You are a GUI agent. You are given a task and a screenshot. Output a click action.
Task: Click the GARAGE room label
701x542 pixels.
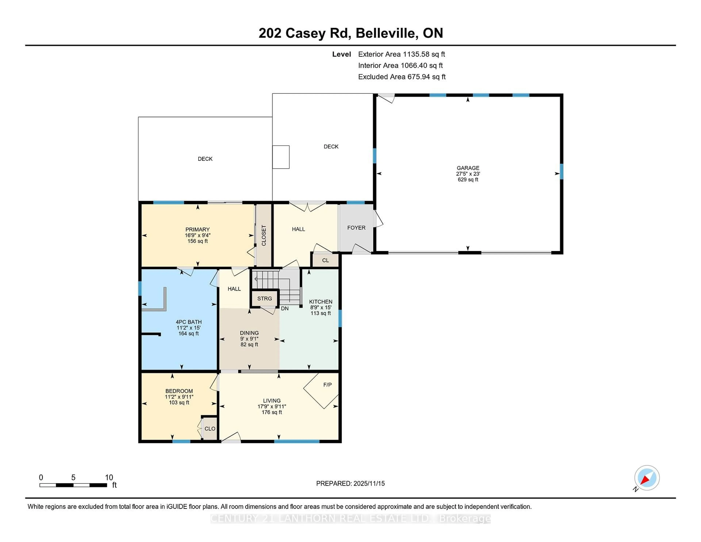click(468, 168)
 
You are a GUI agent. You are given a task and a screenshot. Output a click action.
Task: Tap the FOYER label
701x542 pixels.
click(356, 228)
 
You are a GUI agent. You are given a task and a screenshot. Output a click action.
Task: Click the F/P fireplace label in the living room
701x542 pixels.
click(327, 385)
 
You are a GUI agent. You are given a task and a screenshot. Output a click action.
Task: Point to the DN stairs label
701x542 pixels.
click(285, 309)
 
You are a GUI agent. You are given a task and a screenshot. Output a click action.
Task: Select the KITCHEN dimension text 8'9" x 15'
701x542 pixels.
click(320, 307)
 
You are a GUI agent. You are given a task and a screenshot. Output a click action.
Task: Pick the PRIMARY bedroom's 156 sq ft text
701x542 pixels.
click(197, 241)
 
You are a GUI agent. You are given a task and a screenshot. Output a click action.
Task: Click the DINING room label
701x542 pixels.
click(249, 333)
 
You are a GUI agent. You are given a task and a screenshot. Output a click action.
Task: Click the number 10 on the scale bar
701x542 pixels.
click(109, 478)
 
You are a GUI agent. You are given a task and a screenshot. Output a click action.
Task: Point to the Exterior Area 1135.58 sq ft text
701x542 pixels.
click(401, 54)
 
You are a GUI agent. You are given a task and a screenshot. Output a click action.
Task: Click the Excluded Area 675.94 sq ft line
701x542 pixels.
click(402, 77)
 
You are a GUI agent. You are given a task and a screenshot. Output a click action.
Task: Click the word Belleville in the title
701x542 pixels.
click(387, 33)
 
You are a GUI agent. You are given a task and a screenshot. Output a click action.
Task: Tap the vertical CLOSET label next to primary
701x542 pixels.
click(264, 235)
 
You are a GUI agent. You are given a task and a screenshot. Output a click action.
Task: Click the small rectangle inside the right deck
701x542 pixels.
click(281, 157)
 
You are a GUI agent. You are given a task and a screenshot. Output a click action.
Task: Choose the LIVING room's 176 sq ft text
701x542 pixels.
click(271, 412)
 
